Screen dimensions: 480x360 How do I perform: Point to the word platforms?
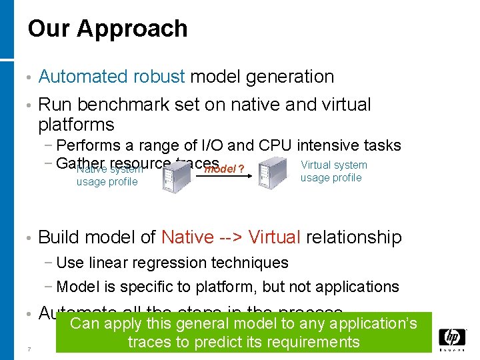(76, 125)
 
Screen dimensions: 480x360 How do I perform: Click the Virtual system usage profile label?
(333, 171)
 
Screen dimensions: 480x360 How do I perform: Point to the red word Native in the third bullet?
(188, 237)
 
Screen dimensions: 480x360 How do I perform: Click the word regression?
(190, 263)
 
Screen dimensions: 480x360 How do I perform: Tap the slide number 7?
(29, 349)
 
